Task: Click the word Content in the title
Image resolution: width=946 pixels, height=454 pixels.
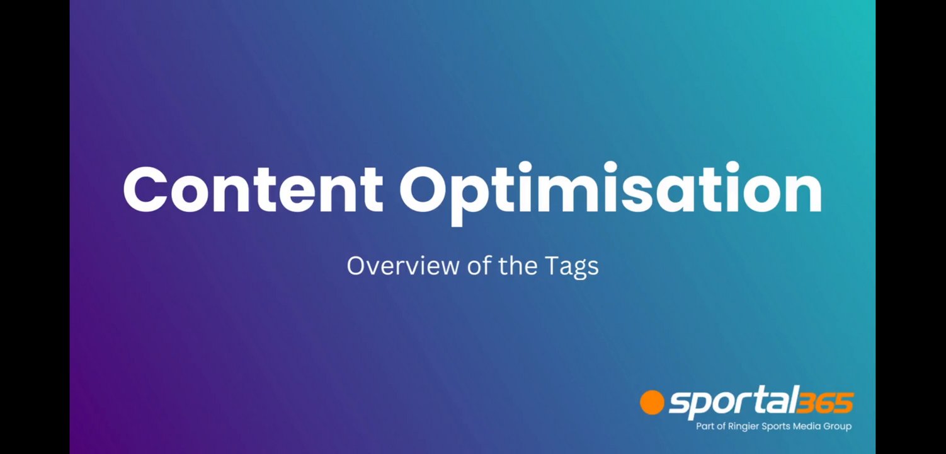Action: click(253, 189)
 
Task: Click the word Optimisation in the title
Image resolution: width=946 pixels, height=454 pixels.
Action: click(611, 192)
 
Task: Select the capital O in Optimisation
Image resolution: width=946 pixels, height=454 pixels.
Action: click(424, 190)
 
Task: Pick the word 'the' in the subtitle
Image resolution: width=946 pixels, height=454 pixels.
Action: click(518, 265)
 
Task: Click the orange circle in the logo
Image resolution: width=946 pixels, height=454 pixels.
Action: click(652, 402)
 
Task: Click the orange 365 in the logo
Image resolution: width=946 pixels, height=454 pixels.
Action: click(825, 402)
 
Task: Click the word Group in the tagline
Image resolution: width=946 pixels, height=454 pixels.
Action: click(837, 426)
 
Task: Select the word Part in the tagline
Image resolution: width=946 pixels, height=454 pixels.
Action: click(705, 426)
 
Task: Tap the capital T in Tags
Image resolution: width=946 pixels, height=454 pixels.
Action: click(551, 266)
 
